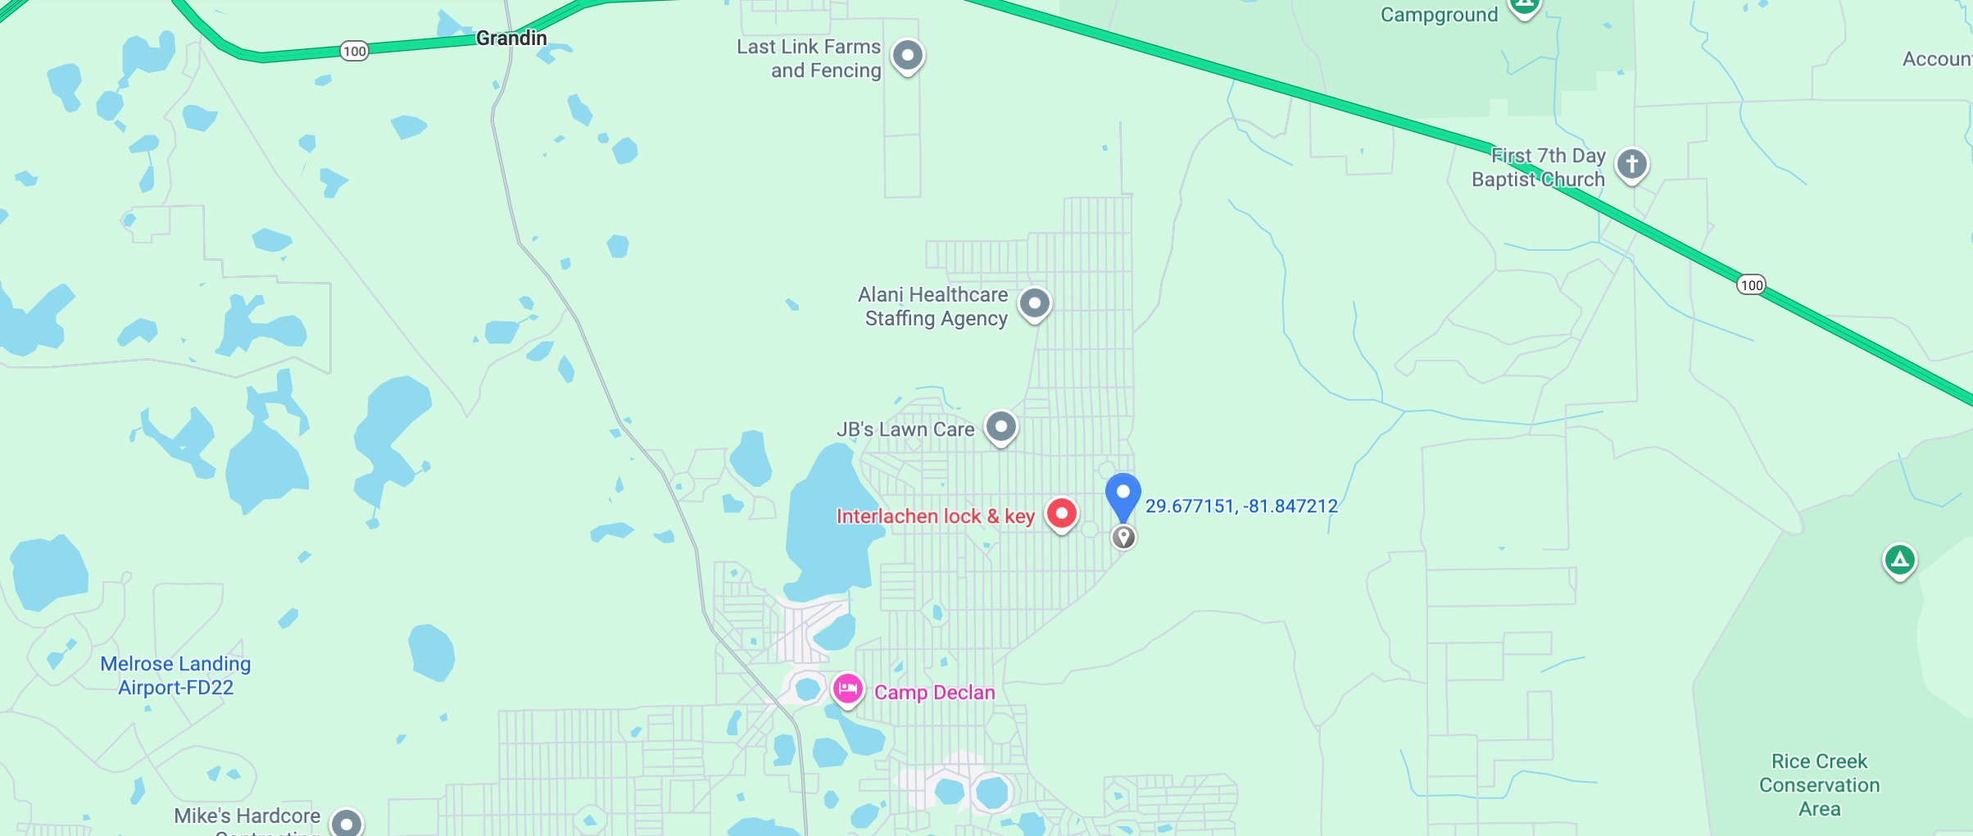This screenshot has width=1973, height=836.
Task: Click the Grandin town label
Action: click(511, 39)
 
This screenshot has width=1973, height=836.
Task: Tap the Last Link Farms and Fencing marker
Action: click(907, 56)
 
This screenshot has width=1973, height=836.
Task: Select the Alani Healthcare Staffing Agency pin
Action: click(1034, 303)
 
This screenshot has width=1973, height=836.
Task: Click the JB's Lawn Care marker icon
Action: click(1000, 426)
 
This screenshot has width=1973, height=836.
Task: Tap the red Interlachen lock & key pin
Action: click(1062, 514)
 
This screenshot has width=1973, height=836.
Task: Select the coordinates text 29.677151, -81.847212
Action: click(1241, 507)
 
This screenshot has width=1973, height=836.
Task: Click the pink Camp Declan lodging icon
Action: click(847, 688)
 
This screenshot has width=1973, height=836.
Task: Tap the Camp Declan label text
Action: click(934, 693)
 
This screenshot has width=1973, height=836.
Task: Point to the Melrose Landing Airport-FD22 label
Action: click(175, 675)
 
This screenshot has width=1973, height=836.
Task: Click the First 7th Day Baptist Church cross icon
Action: click(1631, 164)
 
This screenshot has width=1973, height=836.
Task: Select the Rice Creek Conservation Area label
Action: click(1819, 784)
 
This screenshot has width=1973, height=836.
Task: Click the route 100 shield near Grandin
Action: click(354, 52)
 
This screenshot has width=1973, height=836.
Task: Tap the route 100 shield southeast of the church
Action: click(1751, 285)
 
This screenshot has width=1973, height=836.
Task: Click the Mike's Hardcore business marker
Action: click(347, 822)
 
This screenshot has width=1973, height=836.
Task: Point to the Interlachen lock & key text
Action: click(935, 516)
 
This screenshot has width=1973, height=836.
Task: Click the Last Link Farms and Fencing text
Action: click(809, 59)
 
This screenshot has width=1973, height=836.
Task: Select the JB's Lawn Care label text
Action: click(905, 429)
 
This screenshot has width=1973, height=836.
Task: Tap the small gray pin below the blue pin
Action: click(1123, 537)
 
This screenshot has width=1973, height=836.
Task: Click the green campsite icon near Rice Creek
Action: click(1899, 561)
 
